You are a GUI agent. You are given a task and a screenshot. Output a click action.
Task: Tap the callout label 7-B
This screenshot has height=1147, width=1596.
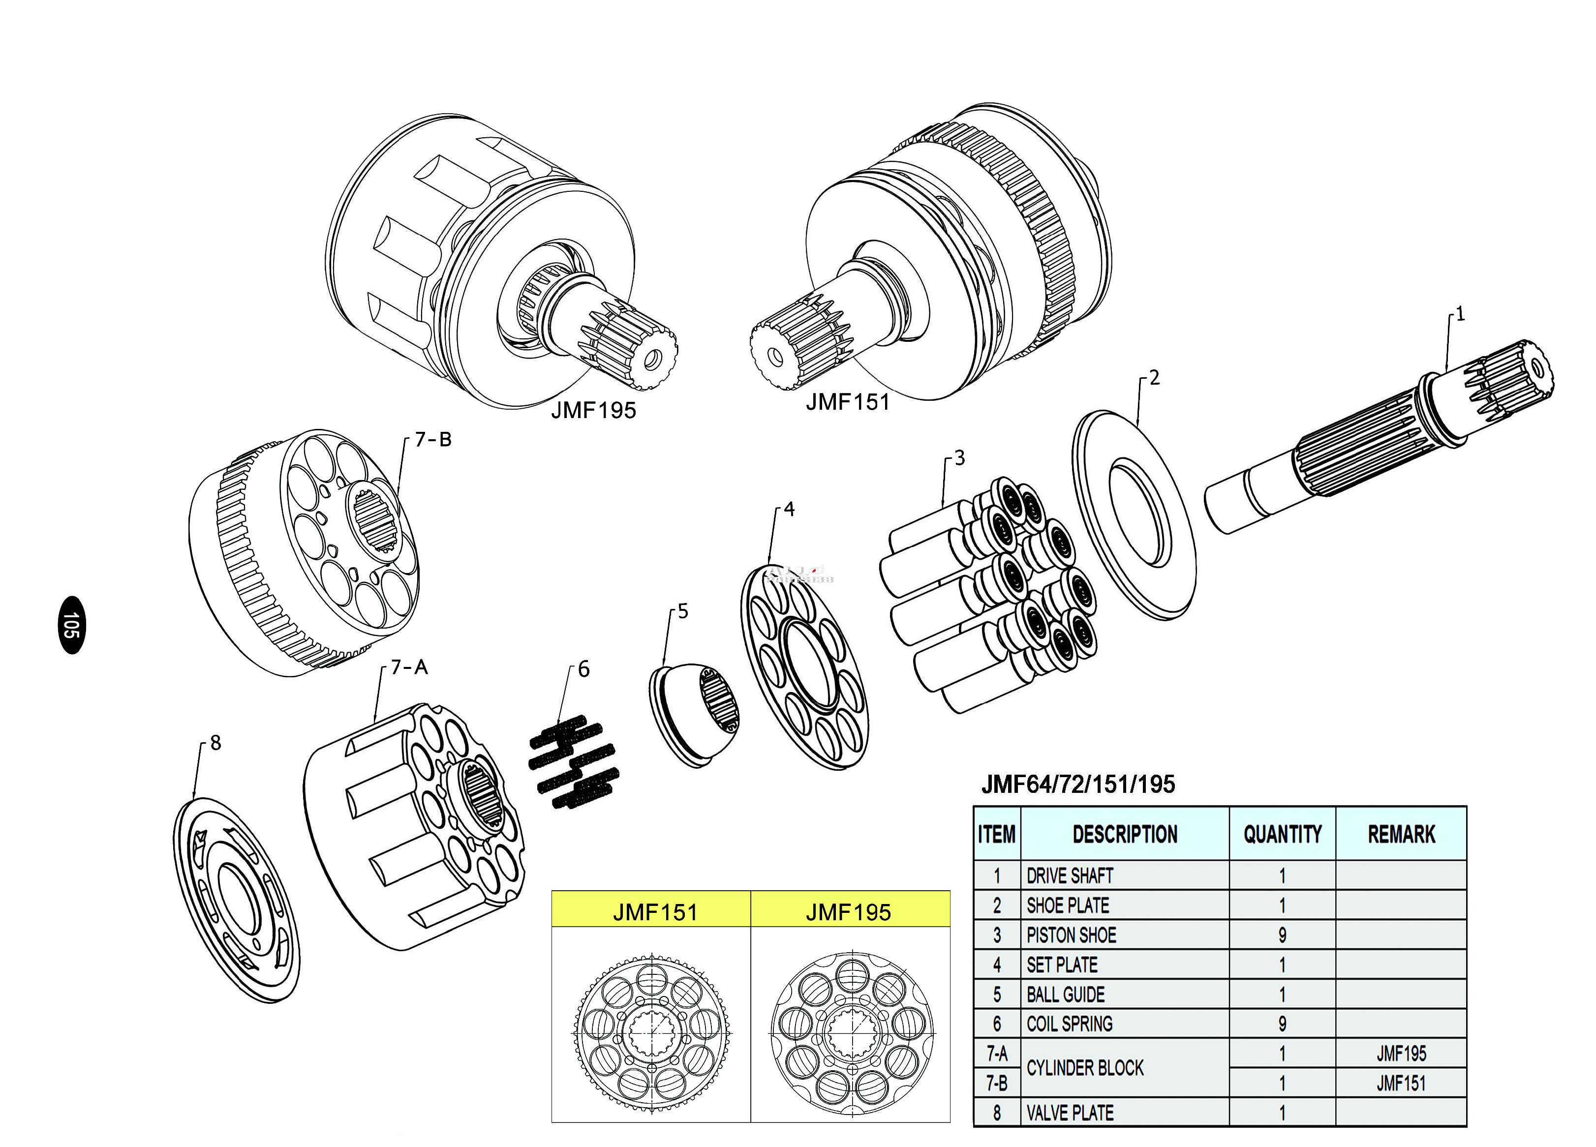(x=433, y=440)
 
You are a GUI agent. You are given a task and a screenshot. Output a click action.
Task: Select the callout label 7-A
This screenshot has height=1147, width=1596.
(x=409, y=667)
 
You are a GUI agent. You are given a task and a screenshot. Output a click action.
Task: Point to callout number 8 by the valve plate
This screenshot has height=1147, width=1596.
(x=215, y=743)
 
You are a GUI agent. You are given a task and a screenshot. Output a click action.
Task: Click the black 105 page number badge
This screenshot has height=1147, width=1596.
(x=71, y=625)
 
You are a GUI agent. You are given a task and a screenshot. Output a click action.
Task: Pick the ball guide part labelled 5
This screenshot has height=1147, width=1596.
(x=694, y=714)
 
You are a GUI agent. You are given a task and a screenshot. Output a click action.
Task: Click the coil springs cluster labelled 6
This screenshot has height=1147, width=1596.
(x=574, y=762)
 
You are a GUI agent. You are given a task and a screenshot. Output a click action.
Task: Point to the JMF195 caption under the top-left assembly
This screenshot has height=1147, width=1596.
(x=593, y=410)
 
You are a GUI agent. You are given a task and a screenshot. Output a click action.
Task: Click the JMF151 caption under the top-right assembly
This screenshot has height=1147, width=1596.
(x=848, y=402)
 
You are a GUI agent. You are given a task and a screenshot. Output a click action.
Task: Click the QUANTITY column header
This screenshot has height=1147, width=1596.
(x=1282, y=834)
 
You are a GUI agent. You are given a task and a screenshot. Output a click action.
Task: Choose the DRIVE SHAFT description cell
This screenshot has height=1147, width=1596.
(x=1125, y=875)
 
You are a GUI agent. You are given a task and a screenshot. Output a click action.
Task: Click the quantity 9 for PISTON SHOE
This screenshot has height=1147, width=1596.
(x=1282, y=935)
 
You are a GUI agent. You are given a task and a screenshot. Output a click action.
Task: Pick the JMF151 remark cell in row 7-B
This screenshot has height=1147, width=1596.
(x=1401, y=1083)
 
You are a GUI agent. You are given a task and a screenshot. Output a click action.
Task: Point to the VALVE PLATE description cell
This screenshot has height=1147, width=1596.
(x=1125, y=1113)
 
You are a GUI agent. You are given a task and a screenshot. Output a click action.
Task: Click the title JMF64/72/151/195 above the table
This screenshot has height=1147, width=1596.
(x=1078, y=785)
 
